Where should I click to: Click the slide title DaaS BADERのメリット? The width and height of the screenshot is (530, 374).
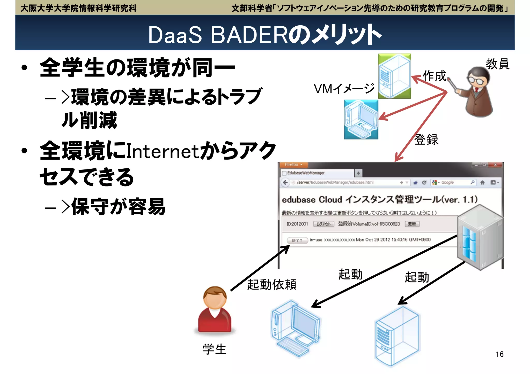pos(264,35)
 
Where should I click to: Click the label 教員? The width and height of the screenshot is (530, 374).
pos(497,64)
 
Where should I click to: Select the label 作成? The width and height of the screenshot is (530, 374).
pos(435,76)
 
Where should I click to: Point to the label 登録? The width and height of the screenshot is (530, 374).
pos(426,140)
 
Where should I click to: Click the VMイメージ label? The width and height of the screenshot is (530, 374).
pos(344,89)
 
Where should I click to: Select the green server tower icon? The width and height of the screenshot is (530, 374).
pos(394,76)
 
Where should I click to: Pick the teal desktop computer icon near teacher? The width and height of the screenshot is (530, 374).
pos(361,120)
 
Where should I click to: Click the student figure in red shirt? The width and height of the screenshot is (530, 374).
pos(215,310)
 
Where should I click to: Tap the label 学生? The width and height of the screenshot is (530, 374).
pos(214,349)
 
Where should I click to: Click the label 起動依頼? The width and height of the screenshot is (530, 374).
pos(272,285)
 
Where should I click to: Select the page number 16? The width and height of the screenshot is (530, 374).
pos(499,354)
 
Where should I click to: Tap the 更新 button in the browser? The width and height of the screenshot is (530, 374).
pos(412,224)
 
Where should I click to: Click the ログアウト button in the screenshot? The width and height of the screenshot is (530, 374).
pos(323,224)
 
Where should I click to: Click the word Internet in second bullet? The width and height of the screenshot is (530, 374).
pos(163,151)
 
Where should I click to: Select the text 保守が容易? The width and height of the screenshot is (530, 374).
pos(118,207)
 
